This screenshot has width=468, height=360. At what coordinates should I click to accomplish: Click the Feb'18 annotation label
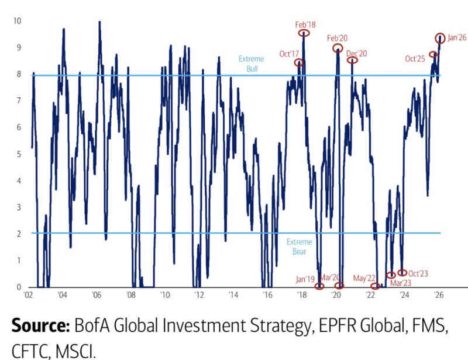coord(305,25)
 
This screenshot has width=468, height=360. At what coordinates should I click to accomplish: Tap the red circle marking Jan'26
coord(441,38)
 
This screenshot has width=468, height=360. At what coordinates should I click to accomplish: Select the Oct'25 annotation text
coord(415,59)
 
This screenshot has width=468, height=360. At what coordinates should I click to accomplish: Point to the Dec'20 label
coord(356,53)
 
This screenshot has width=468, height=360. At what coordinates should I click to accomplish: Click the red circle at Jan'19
coord(319,286)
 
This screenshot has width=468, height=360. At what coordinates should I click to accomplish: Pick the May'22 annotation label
coord(364,277)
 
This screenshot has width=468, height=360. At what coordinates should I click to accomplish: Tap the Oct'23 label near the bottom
coord(418,272)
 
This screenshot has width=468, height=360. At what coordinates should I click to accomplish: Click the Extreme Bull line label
coord(252,64)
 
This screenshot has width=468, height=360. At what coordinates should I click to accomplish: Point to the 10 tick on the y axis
coord(18,21)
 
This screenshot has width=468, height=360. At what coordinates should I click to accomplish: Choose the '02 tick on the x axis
coord(27,297)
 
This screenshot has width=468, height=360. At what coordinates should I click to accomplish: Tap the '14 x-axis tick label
coord(233,297)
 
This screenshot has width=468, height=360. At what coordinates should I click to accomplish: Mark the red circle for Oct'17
coord(299,63)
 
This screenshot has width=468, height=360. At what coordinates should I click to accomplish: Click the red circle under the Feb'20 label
coord(338,48)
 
